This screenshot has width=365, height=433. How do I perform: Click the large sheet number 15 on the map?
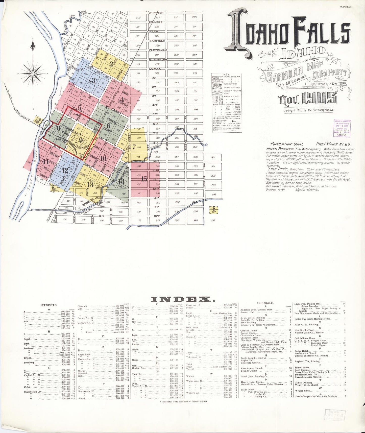pyautogui.click(x=144, y=179)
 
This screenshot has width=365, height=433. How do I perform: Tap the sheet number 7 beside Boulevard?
pyautogui.click(x=134, y=147)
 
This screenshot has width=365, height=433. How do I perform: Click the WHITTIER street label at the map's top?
pyautogui.click(x=156, y=13)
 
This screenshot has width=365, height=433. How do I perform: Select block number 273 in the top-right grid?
pyautogui.click(x=194, y=17)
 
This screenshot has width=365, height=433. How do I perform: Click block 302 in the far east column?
pyautogui.click(x=213, y=157)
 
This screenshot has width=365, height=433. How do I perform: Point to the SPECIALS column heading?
pyautogui.click(x=265, y=303)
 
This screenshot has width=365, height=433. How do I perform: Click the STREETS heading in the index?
pyautogui.click(x=49, y=305)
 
